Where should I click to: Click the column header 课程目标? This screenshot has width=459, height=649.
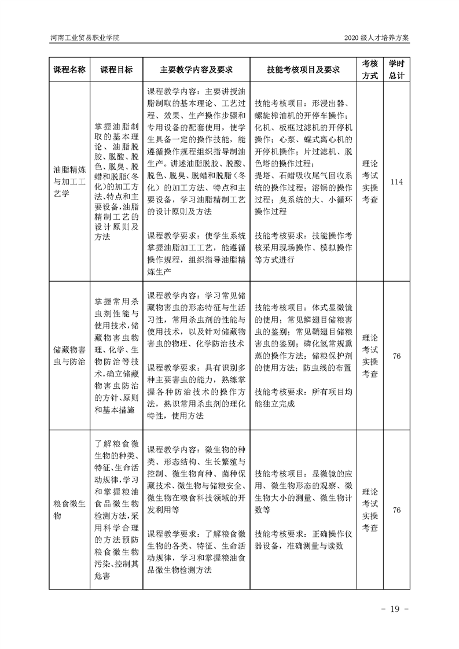[x=116, y=69]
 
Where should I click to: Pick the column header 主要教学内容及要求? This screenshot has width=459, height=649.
[x=196, y=69]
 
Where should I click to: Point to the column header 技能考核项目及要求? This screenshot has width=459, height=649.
[x=303, y=69]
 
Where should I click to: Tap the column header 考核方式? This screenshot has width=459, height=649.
[x=370, y=69]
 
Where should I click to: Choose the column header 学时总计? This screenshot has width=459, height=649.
[x=396, y=69]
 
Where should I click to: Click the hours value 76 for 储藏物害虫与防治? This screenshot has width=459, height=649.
[x=396, y=356]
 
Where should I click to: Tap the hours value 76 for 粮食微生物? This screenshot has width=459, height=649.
[x=396, y=510]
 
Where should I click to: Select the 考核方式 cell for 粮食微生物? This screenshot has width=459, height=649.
[x=370, y=510]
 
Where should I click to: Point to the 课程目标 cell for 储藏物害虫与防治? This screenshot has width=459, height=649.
[x=116, y=356]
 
